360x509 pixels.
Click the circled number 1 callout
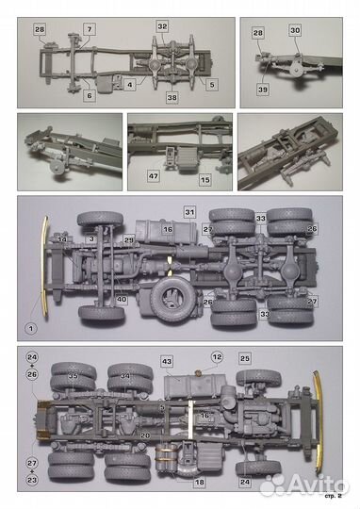tap(29, 328)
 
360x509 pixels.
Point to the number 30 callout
tap(294, 31)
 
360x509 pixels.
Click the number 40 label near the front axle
tap(122, 300)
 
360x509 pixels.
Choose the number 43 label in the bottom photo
tap(166, 362)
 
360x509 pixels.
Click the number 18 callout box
tap(199, 482)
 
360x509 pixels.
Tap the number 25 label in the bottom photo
tap(244, 359)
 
